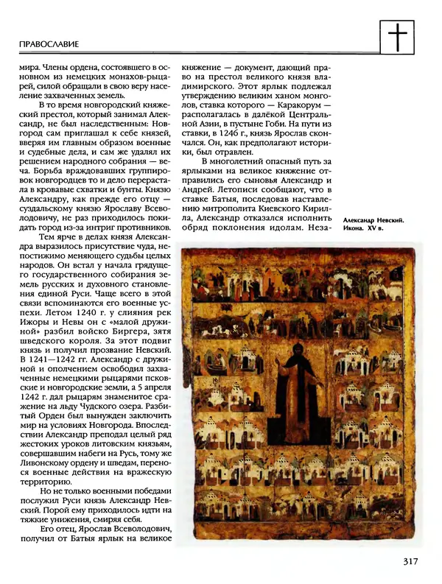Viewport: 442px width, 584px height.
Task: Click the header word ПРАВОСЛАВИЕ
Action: [x=49, y=44]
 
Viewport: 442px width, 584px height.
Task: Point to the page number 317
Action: [x=410, y=562]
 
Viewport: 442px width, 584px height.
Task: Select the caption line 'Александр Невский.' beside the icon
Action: [x=373, y=220]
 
